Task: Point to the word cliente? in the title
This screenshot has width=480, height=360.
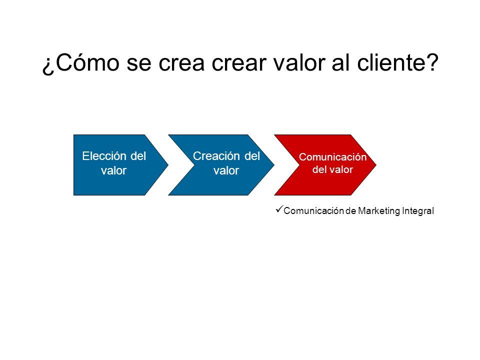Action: pos(397,62)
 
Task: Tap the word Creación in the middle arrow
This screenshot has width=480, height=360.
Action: pos(216,156)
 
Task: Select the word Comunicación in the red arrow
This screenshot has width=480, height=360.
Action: pos(333,157)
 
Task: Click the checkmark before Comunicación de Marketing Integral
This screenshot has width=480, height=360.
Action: pos(279,209)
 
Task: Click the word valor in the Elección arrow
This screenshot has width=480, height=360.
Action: pos(113,170)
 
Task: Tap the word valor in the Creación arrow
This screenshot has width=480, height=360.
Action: pos(226,170)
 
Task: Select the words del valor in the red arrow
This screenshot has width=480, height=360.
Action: pos(333,169)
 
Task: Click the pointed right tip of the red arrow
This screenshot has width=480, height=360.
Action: pos(376,165)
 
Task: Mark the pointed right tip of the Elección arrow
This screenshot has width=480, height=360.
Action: pos(168,165)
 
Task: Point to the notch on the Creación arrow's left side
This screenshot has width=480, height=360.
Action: pos(194,165)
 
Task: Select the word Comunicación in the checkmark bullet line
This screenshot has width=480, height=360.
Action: pos(314,211)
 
